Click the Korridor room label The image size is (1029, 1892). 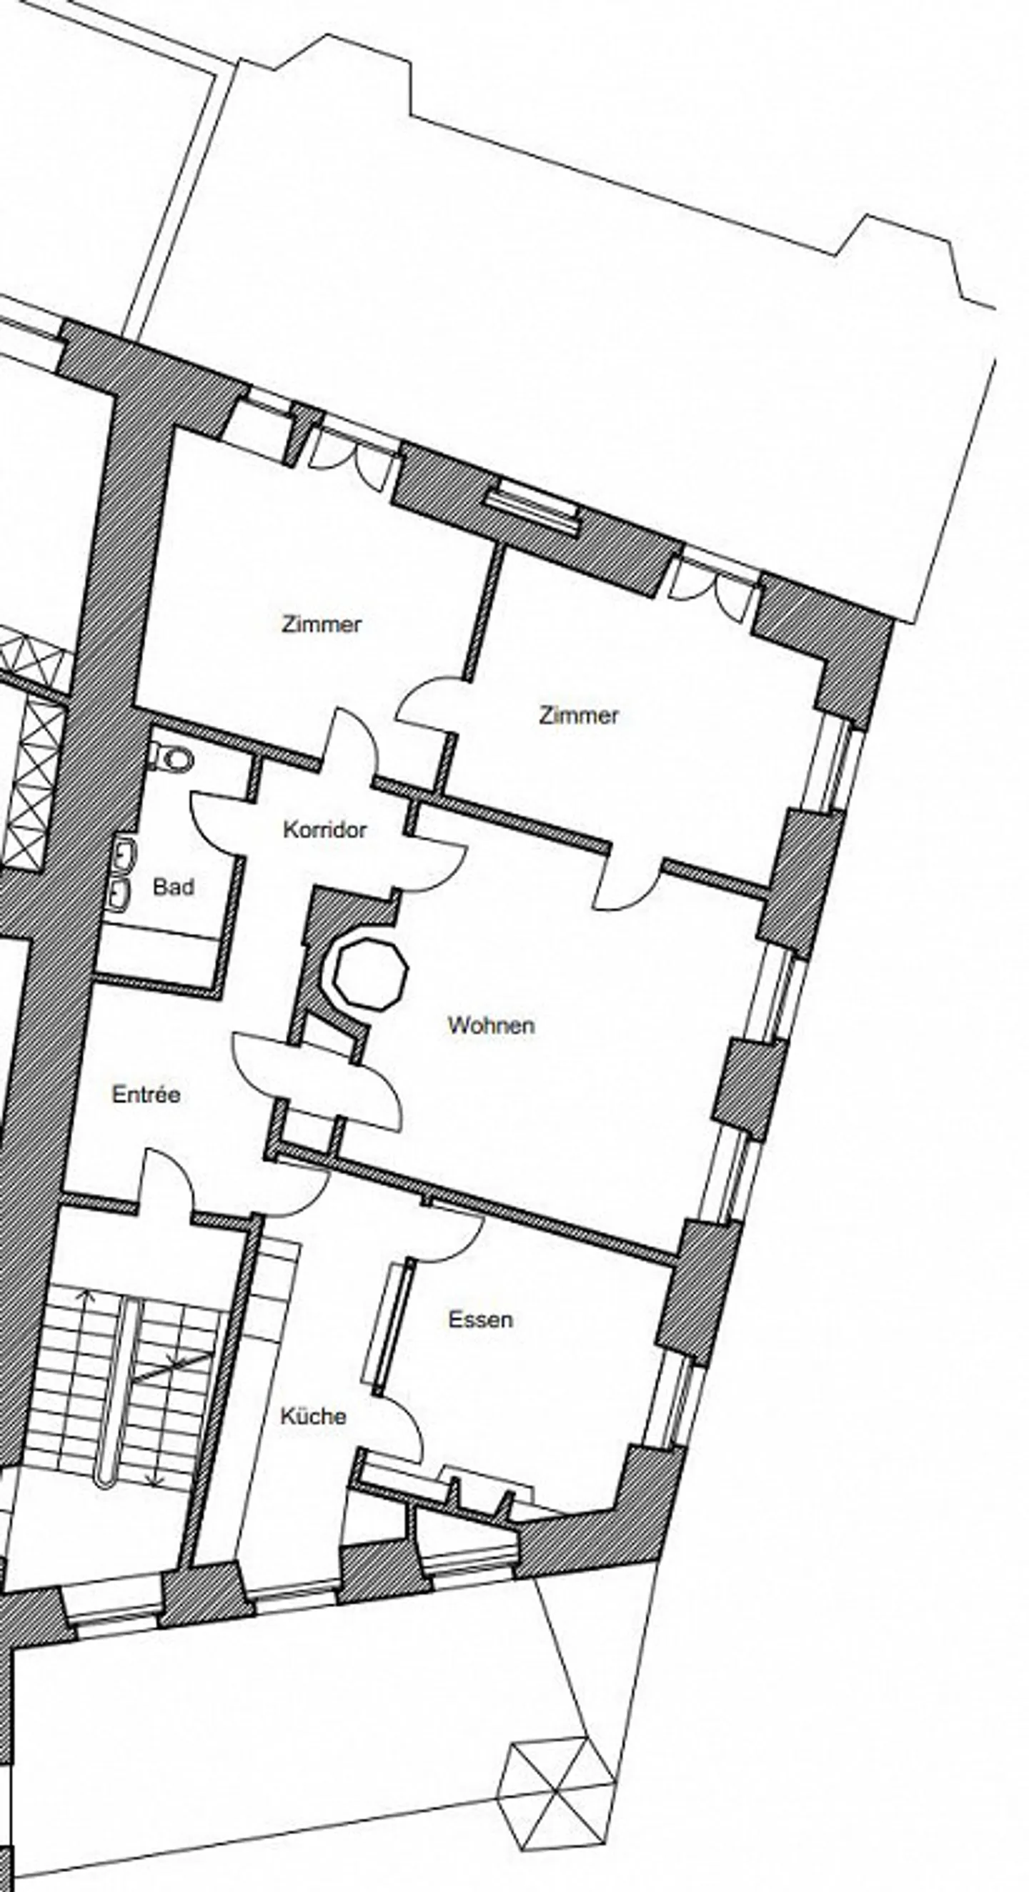324,830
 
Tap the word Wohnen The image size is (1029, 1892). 491,1025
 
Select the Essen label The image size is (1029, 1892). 480,1319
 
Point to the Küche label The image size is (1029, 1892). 313,1416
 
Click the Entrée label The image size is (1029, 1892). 146,1095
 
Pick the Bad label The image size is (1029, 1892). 174,887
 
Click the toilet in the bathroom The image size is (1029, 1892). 169,757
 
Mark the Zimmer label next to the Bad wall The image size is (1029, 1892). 321,624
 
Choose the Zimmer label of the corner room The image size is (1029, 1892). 579,715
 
